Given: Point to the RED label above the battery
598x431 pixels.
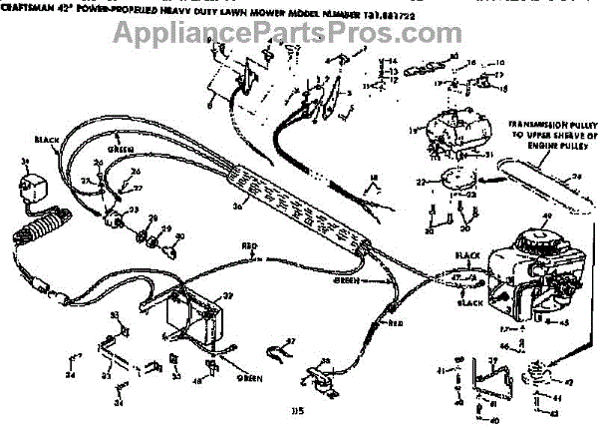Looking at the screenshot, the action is (249, 245).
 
